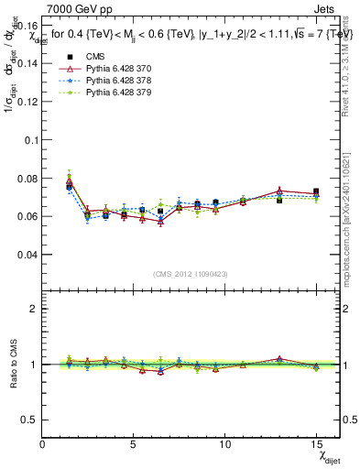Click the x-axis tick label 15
pyautogui.click(x=315, y=443)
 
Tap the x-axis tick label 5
pyautogui.click(x=134, y=443)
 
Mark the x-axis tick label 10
pyautogui.click(x=224, y=443)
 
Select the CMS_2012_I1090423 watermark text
pyautogui.click(x=191, y=273)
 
